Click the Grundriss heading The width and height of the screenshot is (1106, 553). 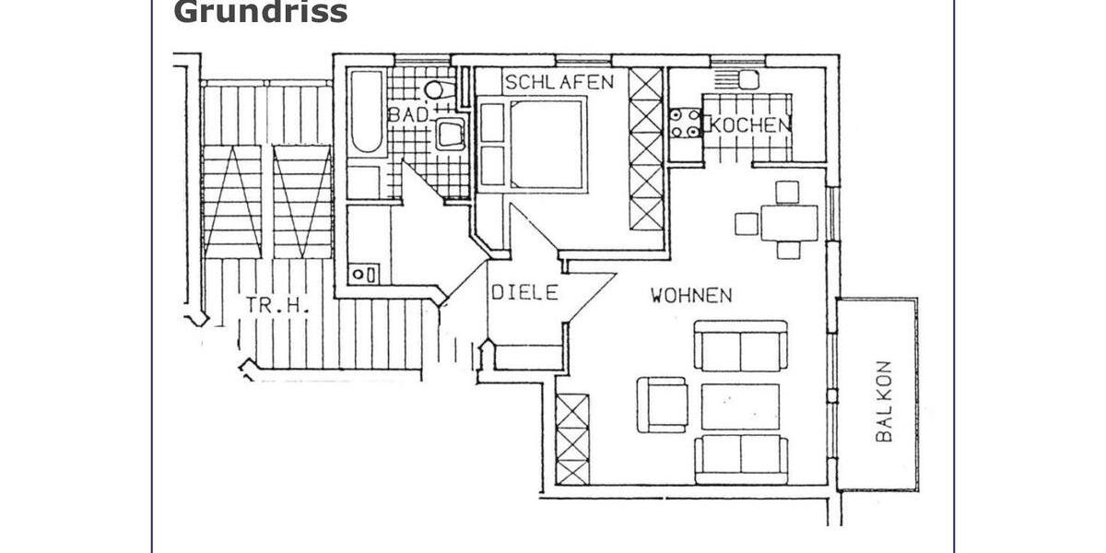point(261,12)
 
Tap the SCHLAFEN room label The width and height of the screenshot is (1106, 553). point(559,82)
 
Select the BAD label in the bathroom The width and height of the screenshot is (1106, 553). point(407,115)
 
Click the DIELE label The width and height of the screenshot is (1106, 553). point(524,293)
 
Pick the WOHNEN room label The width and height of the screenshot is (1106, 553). point(691,296)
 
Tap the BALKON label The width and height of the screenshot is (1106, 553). point(885,400)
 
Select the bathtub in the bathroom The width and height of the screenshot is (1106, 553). point(368,112)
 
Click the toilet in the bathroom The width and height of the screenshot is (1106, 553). point(436,89)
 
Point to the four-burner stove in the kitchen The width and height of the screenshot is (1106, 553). point(684,124)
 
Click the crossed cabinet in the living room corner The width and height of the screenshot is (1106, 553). point(572,438)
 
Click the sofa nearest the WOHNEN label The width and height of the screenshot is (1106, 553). point(740,347)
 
